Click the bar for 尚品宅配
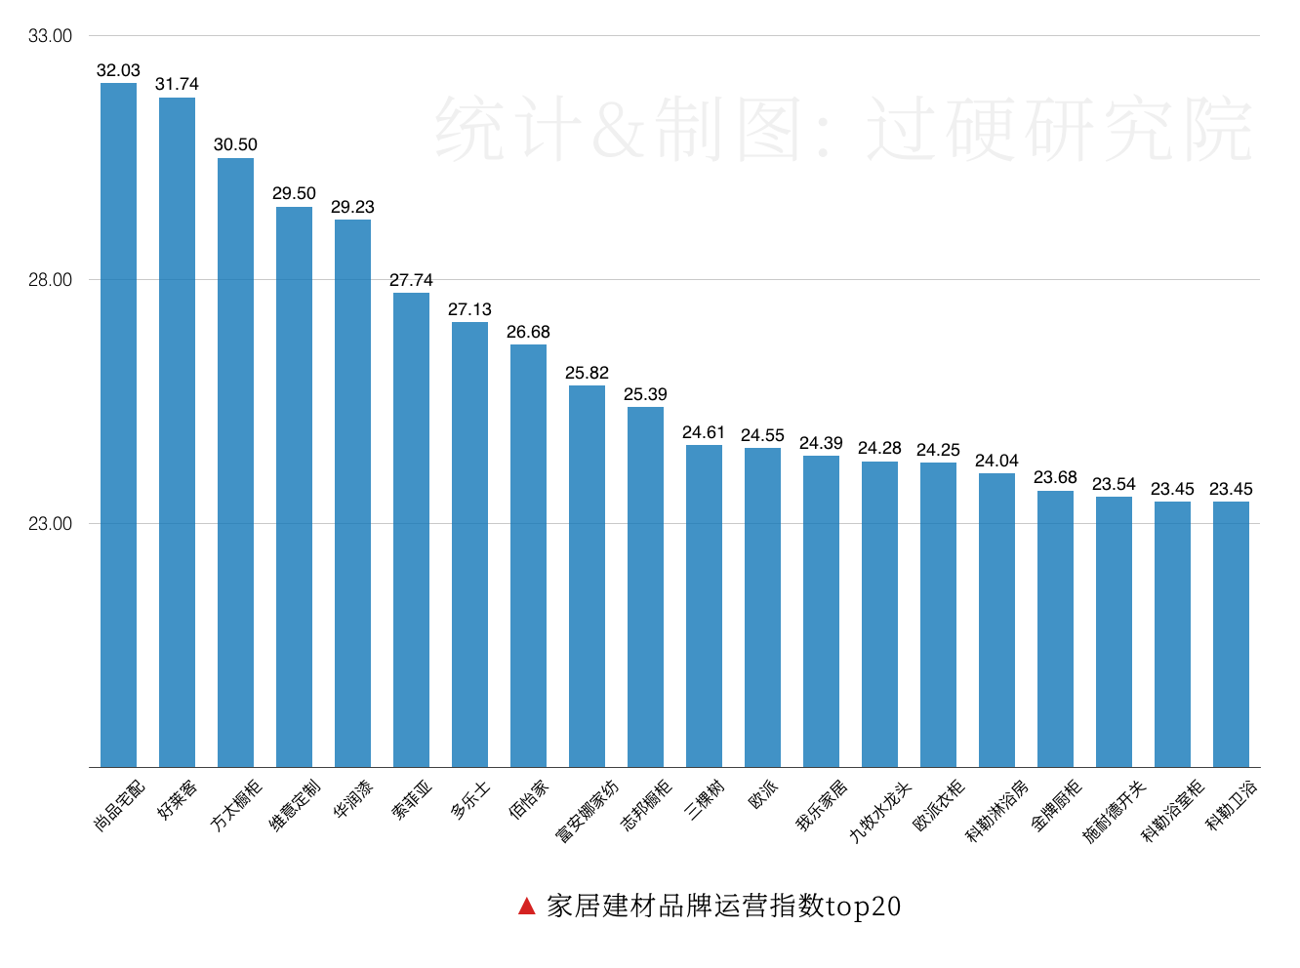coord(118,424)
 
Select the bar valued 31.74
coord(177,432)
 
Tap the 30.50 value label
coord(235,144)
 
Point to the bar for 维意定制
coord(294,486)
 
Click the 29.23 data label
coord(352,207)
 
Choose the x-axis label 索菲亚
coord(412,799)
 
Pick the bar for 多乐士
coord(469,544)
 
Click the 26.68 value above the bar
coord(528,332)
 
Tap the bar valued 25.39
coord(645,586)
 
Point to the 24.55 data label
coord(762,435)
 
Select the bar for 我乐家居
coord(821,611)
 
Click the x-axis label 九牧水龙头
coord(879,811)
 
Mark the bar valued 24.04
coord(996,620)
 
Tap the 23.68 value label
coord(1055,477)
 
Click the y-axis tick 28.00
coord(50,280)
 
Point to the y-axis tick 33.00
coord(50,36)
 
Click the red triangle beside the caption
coord(527,907)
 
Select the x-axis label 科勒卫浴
coord(1233,805)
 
